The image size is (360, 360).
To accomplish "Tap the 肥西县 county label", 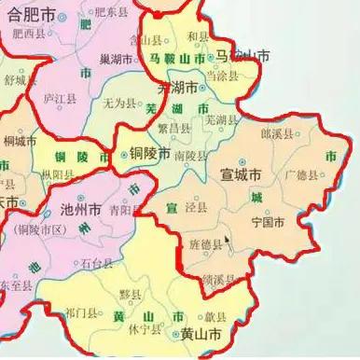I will tap(31, 34).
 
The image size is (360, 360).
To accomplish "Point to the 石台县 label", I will tap(98, 264).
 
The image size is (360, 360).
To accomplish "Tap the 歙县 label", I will tap(216, 317).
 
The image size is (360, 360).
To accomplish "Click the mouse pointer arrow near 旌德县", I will tap(228, 242).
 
